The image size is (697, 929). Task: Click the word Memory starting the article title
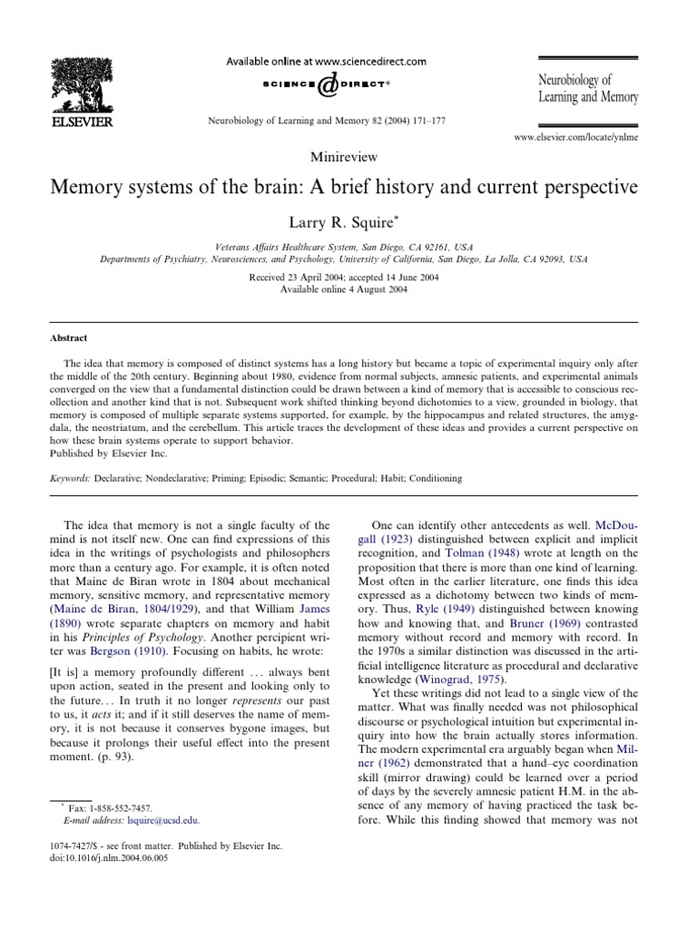coord(93,188)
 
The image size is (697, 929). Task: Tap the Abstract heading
coord(69,338)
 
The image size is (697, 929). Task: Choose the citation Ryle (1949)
coord(445,601)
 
